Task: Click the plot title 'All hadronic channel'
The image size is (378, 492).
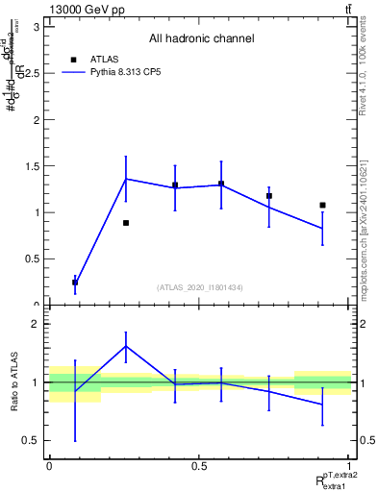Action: coord(201,39)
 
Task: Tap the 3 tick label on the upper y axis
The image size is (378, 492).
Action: coord(35,27)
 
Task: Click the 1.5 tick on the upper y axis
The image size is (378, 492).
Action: coord(31,166)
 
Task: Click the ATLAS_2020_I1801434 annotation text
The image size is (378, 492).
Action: coord(200,287)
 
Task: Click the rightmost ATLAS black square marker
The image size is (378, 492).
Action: coord(322,205)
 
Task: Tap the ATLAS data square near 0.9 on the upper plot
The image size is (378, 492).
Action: coord(322,205)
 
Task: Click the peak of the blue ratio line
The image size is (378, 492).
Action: coord(126,346)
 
